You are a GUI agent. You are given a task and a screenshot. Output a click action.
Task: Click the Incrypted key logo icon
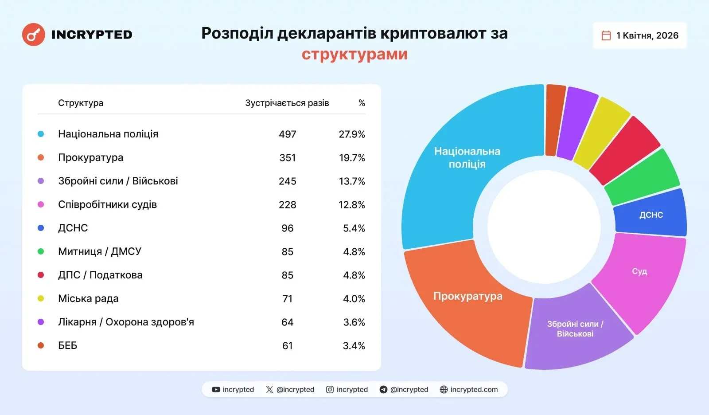click(34, 35)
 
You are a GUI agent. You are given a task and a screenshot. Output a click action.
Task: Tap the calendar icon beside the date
click(606, 35)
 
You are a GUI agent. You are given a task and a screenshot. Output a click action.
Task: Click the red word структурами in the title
click(354, 54)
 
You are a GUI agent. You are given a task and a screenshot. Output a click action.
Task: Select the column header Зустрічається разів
click(287, 103)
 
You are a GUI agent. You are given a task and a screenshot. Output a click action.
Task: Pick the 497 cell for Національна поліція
click(287, 134)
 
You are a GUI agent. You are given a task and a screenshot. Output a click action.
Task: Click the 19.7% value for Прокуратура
click(352, 158)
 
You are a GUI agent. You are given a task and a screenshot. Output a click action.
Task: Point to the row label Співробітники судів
click(107, 204)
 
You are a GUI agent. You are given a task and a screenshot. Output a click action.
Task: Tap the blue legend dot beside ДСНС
click(41, 228)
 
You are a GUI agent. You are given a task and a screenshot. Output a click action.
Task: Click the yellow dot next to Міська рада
click(41, 298)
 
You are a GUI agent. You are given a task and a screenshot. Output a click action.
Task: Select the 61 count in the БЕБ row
click(287, 345)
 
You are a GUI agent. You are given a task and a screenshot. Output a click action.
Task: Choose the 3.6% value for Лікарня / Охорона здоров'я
click(354, 322)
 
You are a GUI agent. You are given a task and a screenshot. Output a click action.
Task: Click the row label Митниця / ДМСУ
click(100, 251)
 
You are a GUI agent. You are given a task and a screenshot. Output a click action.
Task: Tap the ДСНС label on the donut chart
click(651, 215)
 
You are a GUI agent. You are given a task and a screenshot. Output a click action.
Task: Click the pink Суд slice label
click(639, 271)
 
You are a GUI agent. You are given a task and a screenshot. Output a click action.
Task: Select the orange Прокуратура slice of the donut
click(468, 306)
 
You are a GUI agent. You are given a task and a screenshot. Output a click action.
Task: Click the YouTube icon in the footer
click(216, 390)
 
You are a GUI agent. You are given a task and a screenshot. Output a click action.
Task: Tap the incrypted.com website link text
click(474, 390)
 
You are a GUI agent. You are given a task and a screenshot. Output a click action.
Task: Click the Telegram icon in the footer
click(383, 390)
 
